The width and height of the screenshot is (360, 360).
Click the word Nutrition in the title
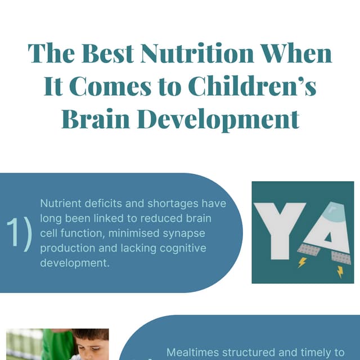coord(197,54)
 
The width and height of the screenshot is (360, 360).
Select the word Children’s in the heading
coord(251,87)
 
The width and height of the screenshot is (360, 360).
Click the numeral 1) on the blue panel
coord(20,233)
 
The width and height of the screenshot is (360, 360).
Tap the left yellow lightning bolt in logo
coord(301,262)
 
